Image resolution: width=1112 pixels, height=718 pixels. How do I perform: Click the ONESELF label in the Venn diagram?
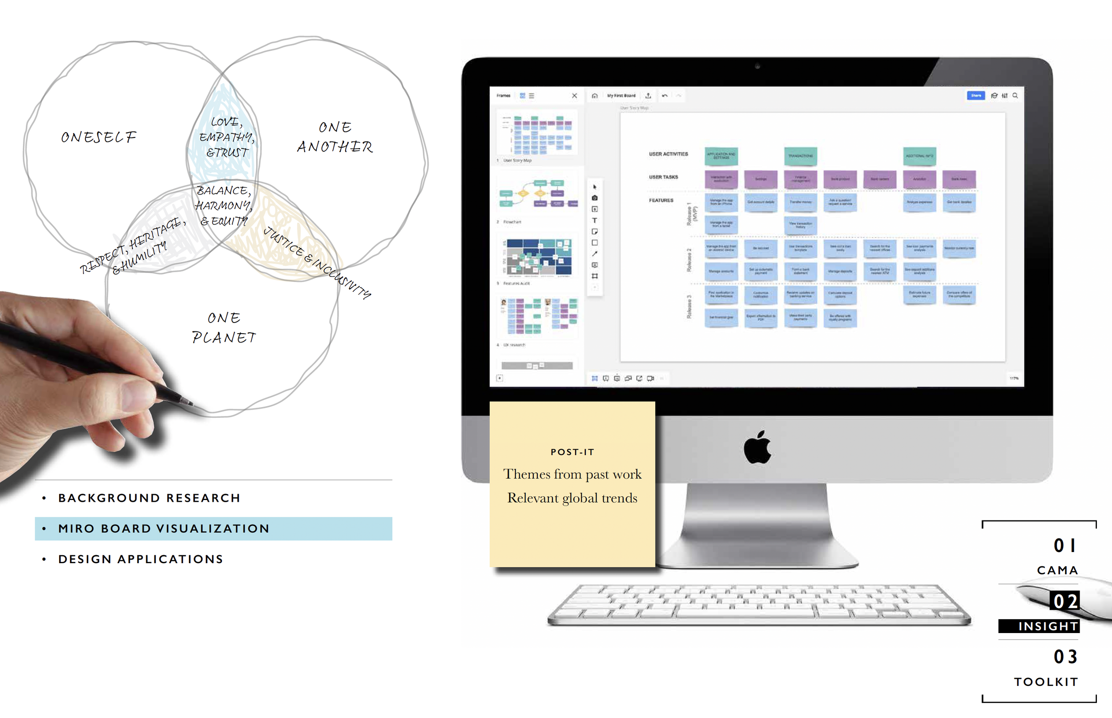pyautogui.click(x=98, y=137)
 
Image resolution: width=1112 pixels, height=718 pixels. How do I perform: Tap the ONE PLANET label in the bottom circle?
pyautogui.click(x=224, y=328)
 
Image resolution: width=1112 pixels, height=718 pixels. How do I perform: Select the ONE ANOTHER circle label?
pyautogui.click(x=334, y=137)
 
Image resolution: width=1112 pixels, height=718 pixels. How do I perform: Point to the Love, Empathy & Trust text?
pyautogui.click(x=227, y=137)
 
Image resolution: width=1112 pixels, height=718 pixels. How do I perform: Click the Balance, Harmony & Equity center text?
pyautogui.click(x=224, y=206)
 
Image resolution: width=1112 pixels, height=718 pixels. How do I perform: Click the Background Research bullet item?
pyautogui.click(x=149, y=498)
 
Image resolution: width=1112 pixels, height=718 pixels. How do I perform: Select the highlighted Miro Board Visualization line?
pyautogui.click(x=164, y=528)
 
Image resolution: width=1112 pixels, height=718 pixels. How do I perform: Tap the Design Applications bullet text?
pyautogui.click(x=141, y=559)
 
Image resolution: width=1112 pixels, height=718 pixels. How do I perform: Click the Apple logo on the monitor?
pyautogui.click(x=757, y=447)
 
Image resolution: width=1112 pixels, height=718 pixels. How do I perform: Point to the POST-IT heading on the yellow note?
pyautogui.click(x=572, y=452)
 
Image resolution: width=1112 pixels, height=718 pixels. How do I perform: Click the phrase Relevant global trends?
pyautogui.click(x=572, y=498)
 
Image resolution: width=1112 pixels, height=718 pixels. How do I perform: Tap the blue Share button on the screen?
pyautogui.click(x=975, y=96)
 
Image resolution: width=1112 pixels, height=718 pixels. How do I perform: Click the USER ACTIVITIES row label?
pyautogui.click(x=669, y=154)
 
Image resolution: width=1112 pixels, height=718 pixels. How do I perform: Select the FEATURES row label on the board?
pyautogui.click(x=661, y=201)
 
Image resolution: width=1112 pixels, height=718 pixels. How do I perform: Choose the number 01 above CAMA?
pyautogui.click(x=1064, y=545)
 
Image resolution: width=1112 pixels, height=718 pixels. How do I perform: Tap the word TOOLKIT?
pyautogui.click(x=1046, y=682)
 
